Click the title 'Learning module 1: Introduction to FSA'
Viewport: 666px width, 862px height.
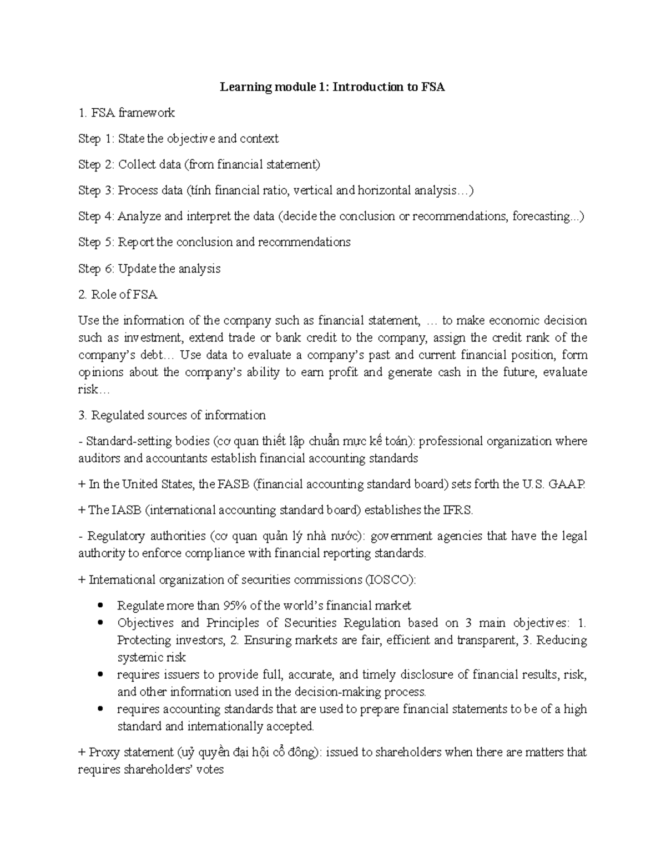pyautogui.click(x=332, y=87)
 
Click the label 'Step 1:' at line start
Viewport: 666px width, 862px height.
pyautogui.click(x=97, y=139)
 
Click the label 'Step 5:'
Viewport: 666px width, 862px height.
pyautogui.click(x=97, y=243)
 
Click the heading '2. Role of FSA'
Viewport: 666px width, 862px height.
pyautogui.click(x=118, y=295)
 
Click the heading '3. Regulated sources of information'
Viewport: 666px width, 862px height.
pyautogui.click(x=172, y=415)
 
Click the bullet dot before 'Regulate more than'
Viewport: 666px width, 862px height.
pyautogui.click(x=100, y=605)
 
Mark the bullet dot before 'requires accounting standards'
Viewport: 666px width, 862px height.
pyautogui.click(x=100, y=709)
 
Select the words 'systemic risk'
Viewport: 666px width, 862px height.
pyautogui.click(x=151, y=658)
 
